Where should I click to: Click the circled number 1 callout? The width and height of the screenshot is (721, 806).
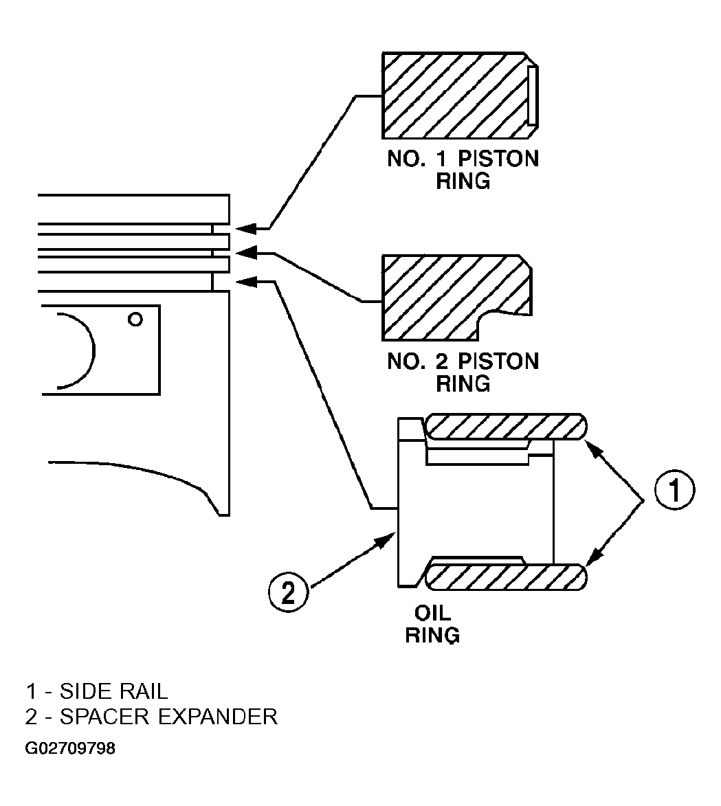pyautogui.click(x=674, y=489)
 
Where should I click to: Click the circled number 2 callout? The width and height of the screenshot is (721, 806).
pyautogui.click(x=289, y=593)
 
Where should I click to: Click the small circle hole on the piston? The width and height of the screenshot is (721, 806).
pyautogui.click(x=135, y=320)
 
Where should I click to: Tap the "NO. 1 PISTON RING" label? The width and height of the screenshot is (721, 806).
pyautogui.click(x=463, y=170)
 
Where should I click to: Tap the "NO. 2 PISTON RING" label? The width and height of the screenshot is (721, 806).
pyautogui.click(x=463, y=372)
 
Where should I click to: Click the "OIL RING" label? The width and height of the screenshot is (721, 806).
pyautogui.click(x=432, y=624)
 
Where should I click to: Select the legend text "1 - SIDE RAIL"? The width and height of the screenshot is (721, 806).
pyautogui.click(x=97, y=691)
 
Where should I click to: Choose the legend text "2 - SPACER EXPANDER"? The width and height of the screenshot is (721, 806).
pyautogui.click(x=152, y=717)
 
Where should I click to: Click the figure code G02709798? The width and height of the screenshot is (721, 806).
pyautogui.click(x=71, y=748)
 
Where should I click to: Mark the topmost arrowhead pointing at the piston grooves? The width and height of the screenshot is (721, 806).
pyautogui.click(x=246, y=227)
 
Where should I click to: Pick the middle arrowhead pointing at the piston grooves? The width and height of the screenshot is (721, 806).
pyautogui.click(x=246, y=252)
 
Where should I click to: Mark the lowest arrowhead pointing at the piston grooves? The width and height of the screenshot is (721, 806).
pyautogui.click(x=246, y=281)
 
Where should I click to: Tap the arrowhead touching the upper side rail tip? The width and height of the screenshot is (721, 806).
pyautogui.click(x=595, y=450)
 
